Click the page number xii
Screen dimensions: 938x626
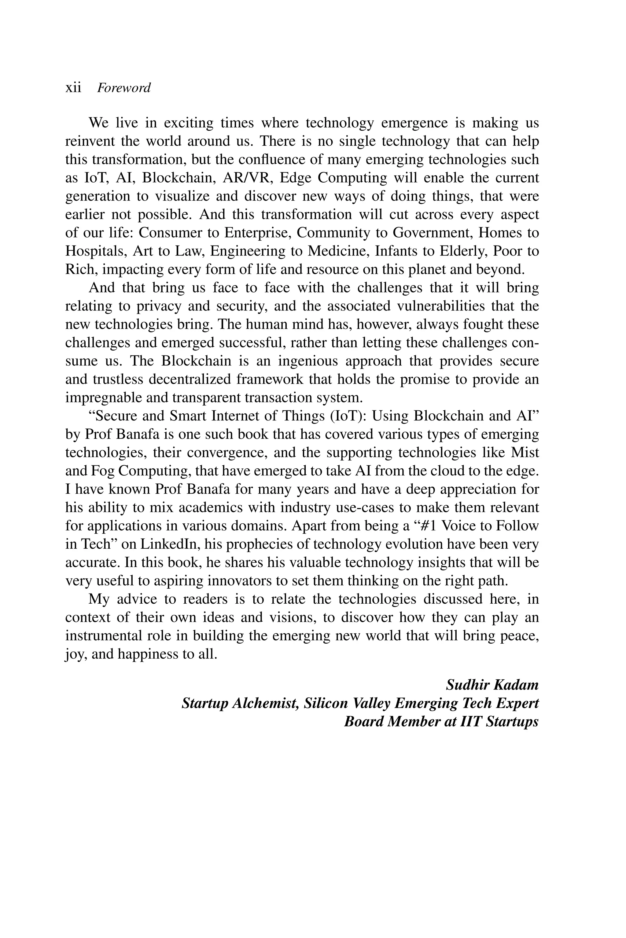click(73, 88)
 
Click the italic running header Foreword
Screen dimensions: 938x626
click(124, 88)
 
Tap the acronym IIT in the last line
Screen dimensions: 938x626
click(472, 722)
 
